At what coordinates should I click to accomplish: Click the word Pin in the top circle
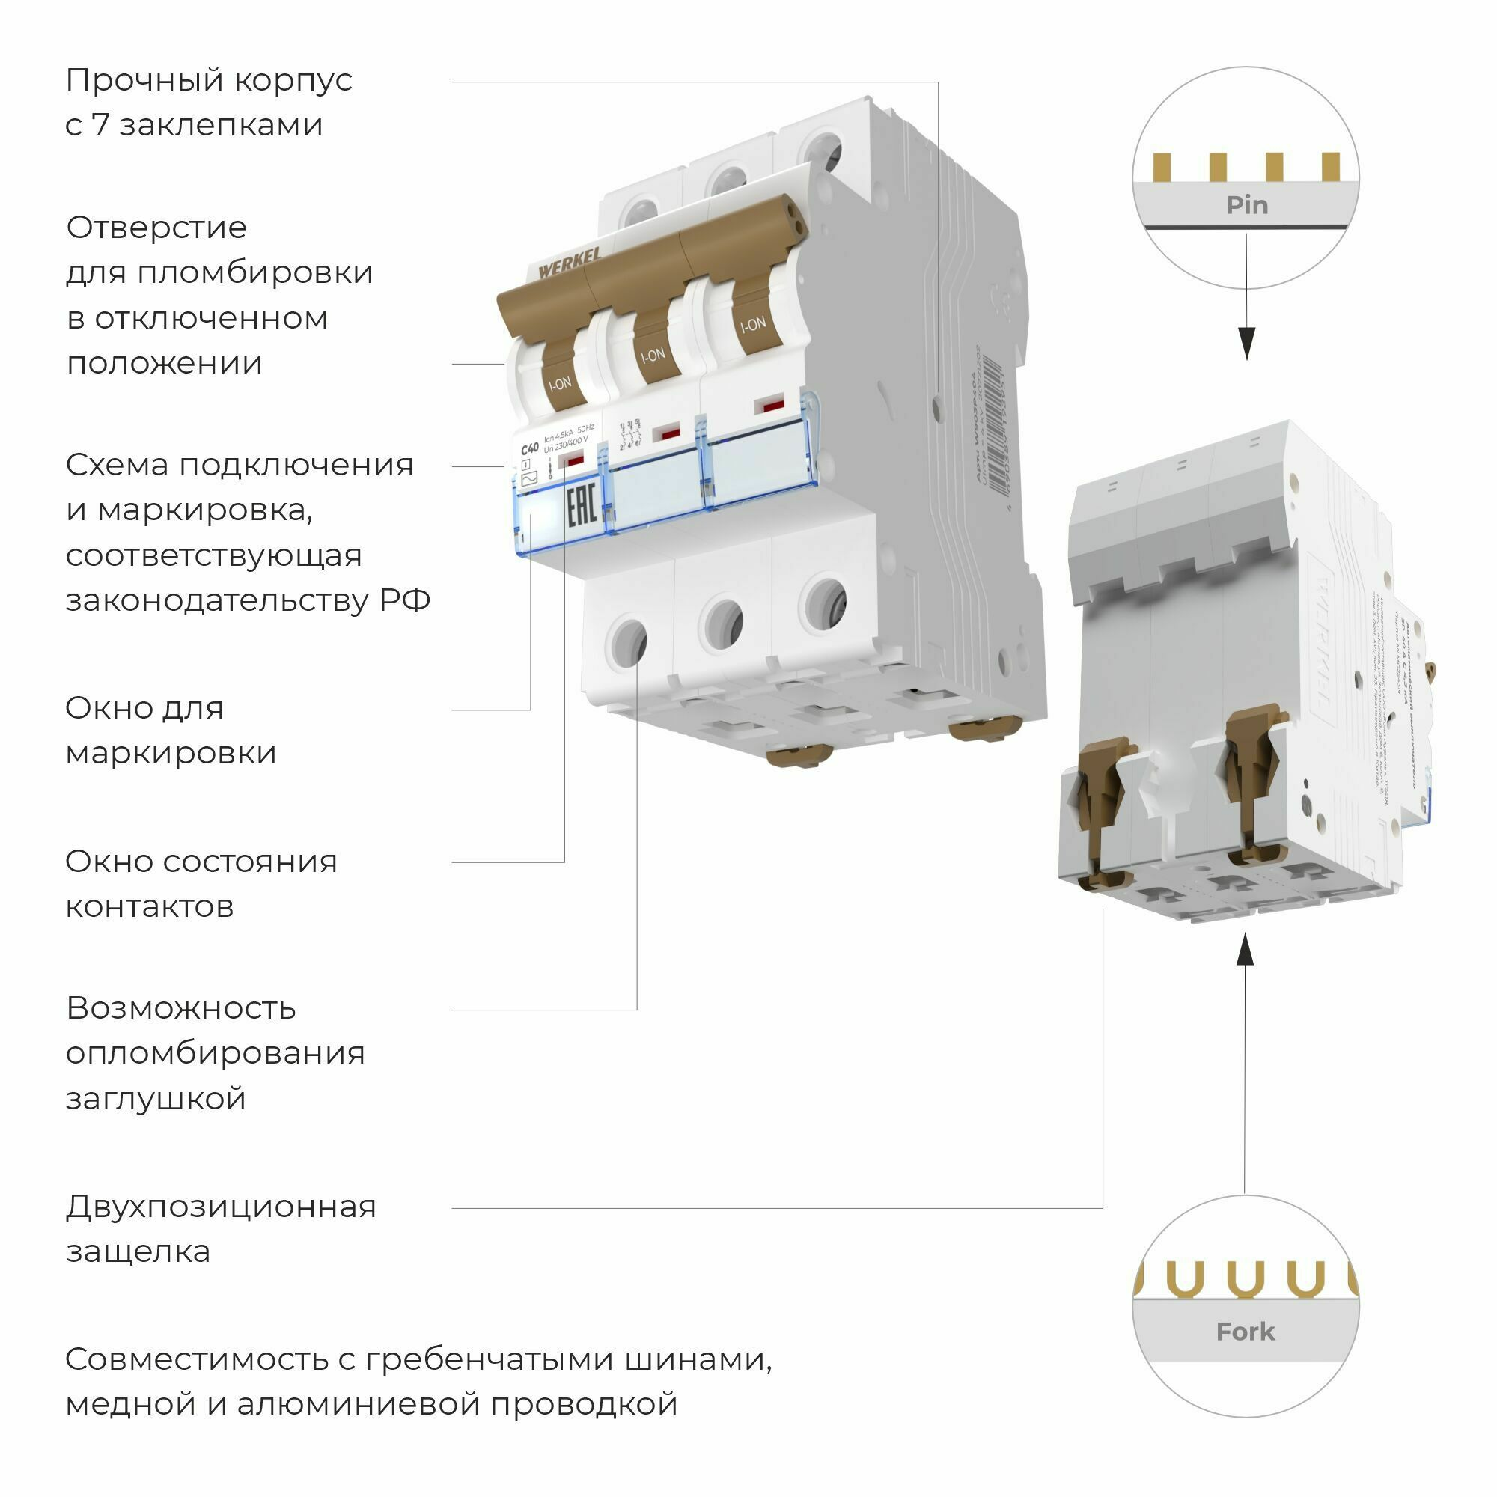[x=1246, y=205]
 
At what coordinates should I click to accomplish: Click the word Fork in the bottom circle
[x=1245, y=1331]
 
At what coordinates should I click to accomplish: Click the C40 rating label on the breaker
[x=529, y=448]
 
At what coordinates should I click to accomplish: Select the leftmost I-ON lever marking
[x=560, y=382]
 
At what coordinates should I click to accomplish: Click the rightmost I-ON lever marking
[x=752, y=324]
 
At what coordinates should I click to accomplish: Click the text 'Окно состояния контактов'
[x=201, y=883]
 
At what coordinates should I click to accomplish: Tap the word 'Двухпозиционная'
[x=221, y=1207]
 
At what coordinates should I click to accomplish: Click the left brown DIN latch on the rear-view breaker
[x=1099, y=806]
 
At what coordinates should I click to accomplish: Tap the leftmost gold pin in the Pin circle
[x=1161, y=167]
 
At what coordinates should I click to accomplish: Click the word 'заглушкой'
[x=156, y=1098]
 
